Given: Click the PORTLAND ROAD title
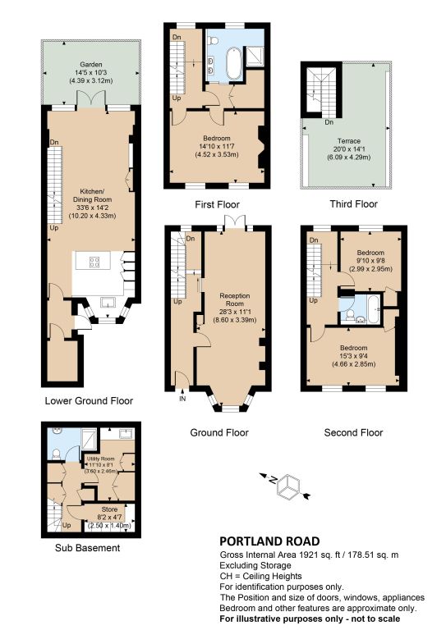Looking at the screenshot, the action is [269, 541].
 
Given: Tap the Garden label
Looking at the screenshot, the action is [91, 72].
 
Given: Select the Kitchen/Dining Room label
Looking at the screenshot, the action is [92, 203].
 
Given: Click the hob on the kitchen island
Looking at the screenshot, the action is [94, 262].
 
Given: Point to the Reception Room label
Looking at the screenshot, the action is [234, 308].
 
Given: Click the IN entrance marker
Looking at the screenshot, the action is [182, 399].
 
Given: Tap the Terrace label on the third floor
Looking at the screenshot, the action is [349, 149].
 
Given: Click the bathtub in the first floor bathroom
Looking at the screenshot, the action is [233, 63].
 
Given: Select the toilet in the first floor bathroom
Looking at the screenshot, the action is [213, 39].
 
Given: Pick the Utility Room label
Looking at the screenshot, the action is [99, 465].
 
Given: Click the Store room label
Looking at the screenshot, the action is [109, 518].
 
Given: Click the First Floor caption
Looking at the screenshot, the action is [217, 204].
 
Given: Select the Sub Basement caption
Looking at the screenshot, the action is [87, 548].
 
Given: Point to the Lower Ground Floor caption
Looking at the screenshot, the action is [89, 400].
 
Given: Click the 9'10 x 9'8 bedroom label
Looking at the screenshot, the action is [370, 261].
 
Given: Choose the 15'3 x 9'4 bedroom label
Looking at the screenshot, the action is [353, 356].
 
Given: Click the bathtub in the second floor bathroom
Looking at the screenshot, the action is [373, 309].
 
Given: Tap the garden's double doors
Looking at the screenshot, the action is [91, 98].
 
